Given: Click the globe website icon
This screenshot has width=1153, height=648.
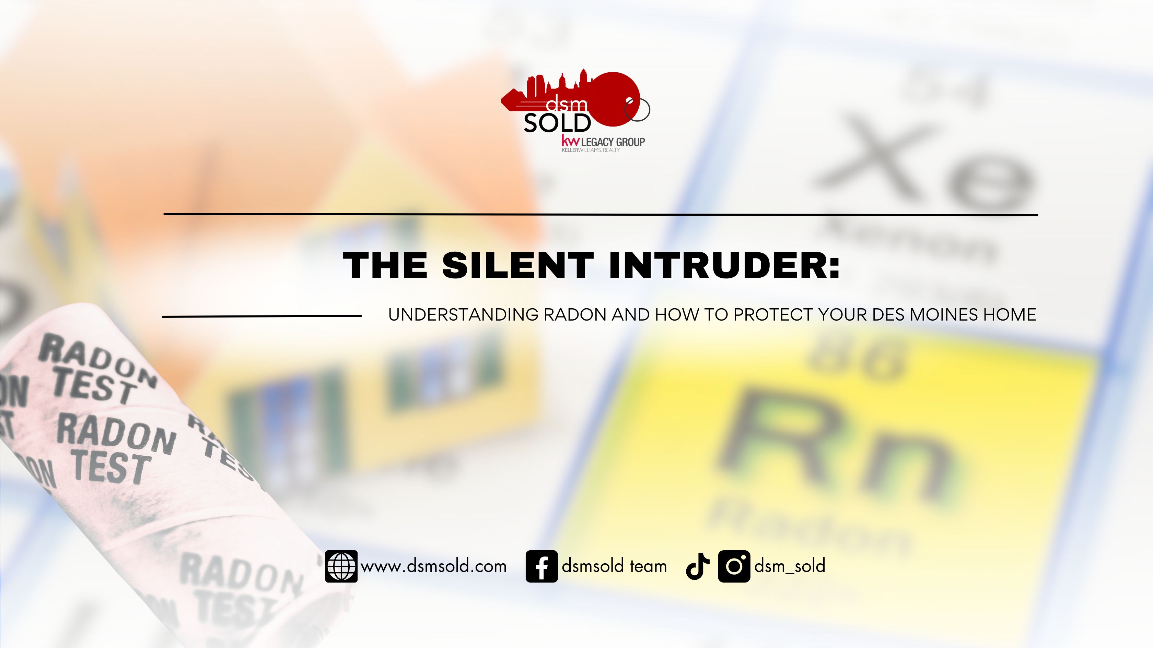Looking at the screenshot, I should tap(341, 566).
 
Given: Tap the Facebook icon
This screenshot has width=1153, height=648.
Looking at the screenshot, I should tap(541, 566).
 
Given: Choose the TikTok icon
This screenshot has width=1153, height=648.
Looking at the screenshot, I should tap(698, 566).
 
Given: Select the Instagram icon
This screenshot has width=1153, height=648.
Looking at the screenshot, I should tap(734, 566).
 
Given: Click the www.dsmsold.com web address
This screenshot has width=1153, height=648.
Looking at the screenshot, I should tap(434, 566).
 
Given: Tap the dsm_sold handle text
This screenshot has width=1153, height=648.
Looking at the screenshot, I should tap(790, 566).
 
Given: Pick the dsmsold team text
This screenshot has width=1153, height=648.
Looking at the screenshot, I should tap(614, 566).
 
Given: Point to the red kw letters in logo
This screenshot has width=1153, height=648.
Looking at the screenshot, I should tap(570, 141).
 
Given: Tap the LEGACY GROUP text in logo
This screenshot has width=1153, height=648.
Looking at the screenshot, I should tap(613, 142).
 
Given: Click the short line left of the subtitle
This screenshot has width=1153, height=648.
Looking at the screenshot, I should tap(262, 316).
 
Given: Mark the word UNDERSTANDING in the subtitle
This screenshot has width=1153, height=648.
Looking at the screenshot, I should tap(463, 315).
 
